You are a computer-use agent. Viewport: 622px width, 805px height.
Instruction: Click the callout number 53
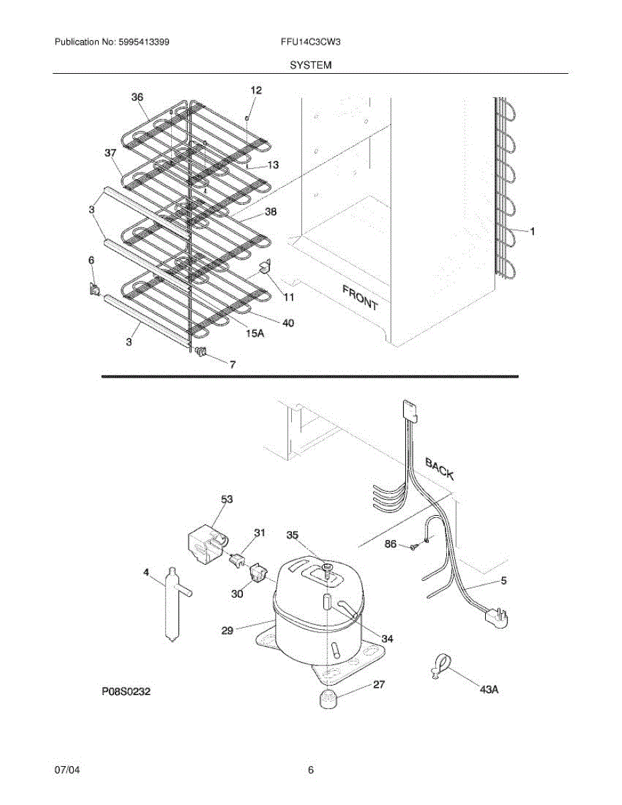[x=227, y=499]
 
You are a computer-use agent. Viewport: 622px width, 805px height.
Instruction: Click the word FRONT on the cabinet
[x=360, y=297]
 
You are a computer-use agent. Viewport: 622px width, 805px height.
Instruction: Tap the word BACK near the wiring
[x=439, y=469]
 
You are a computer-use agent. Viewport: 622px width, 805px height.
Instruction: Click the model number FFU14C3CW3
[x=311, y=42]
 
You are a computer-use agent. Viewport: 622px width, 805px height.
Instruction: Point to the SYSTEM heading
[x=311, y=65]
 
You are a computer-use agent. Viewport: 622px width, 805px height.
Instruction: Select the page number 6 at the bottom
[x=311, y=771]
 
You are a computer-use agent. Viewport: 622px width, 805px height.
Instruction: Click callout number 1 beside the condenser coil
[x=532, y=232]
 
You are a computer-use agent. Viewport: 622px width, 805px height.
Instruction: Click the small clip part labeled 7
[x=201, y=352]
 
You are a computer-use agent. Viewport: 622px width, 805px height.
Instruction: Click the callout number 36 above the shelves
[x=137, y=97]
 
